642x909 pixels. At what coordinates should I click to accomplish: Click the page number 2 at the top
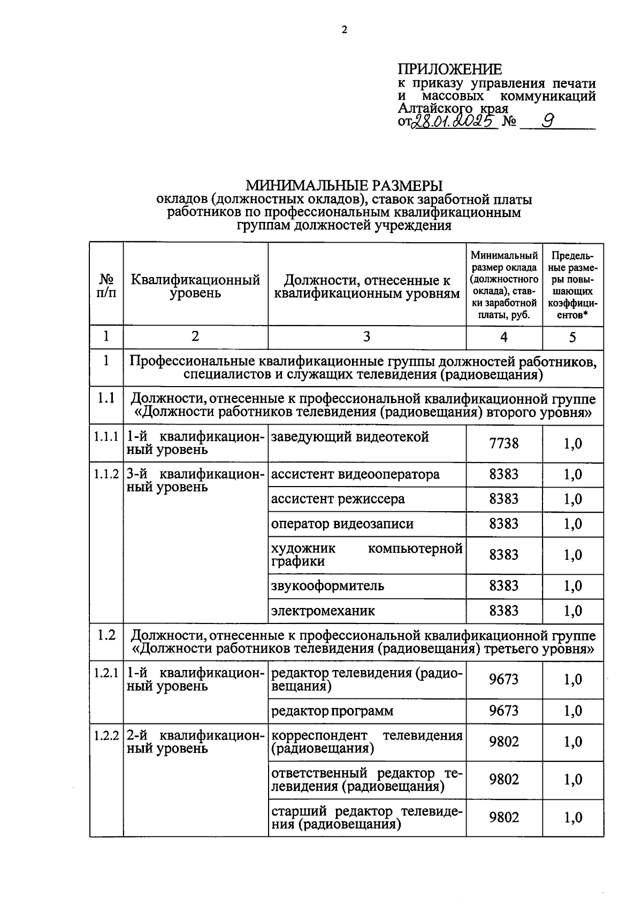coord(344,30)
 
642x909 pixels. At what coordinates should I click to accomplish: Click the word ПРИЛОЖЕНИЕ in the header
coord(450,69)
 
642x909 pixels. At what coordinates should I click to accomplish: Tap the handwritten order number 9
coord(547,121)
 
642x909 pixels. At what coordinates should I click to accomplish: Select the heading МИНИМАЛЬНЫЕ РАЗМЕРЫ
coord(344,186)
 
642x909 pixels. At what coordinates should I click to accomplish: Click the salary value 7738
coord(503,443)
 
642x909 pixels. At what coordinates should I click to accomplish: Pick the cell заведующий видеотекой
coord(350,437)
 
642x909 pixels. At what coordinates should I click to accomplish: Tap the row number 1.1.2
coord(106,474)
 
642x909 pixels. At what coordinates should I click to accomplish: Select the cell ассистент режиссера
coord(338,499)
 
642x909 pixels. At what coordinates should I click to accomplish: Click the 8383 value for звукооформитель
coord(503,586)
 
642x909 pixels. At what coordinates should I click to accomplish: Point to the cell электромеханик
coord(323,610)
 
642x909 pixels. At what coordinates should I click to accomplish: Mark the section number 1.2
coord(106,635)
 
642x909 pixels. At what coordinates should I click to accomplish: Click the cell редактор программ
coord(332,711)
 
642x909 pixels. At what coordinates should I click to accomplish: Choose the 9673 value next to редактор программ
coord(503,711)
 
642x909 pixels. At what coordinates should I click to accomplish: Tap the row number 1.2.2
coord(106,735)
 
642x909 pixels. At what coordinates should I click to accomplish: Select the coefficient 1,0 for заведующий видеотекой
coord(572,443)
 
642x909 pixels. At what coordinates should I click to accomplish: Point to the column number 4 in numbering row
coord(503,336)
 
